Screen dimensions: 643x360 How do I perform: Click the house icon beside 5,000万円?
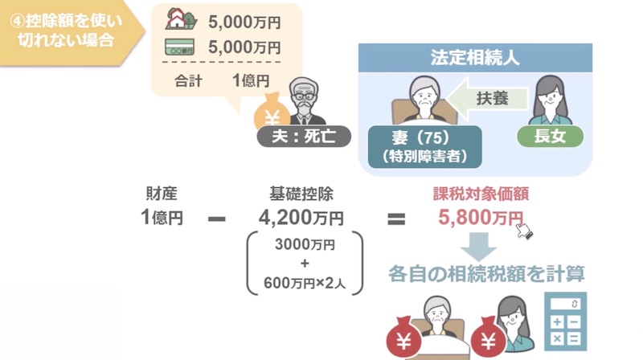[x=181, y=18]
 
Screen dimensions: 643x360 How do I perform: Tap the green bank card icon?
[x=179, y=47]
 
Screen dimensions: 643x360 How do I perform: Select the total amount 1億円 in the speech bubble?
[x=251, y=80]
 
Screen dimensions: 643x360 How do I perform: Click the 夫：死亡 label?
[x=304, y=137]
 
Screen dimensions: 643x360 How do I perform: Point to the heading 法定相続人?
[x=475, y=58]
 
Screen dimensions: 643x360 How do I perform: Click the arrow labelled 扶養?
[x=487, y=98]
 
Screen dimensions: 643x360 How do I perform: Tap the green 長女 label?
[x=550, y=136]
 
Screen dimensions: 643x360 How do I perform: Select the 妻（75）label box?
[x=425, y=147]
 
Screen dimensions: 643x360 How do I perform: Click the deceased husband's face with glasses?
[x=304, y=96]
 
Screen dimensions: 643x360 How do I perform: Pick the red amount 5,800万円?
[x=481, y=217]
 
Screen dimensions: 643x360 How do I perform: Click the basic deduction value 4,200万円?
[x=301, y=218]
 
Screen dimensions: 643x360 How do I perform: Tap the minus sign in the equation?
[x=216, y=219]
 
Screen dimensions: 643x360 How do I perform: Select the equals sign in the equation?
[x=396, y=219]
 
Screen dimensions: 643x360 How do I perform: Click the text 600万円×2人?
[x=305, y=283]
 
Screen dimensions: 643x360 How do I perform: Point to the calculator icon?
[x=566, y=321]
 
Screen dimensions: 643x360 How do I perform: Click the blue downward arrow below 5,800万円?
[x=478, y=247]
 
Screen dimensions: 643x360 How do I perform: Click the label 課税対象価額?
[x=481, y=194]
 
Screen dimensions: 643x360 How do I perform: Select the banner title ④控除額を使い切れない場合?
[x=66, y=31]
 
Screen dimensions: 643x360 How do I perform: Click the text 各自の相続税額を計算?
[x=486, y=274]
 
